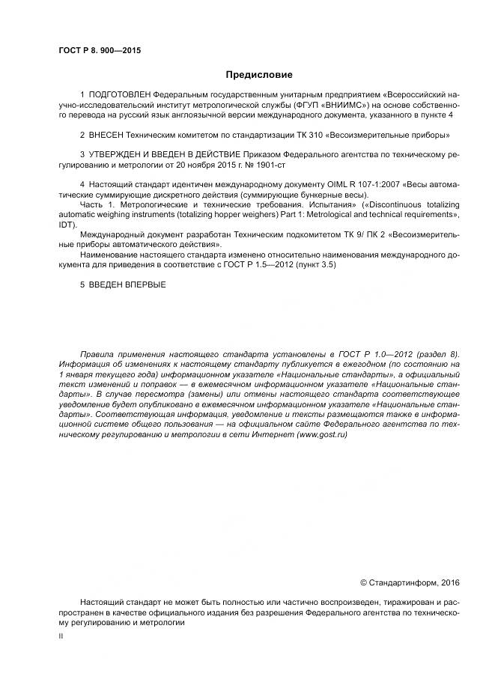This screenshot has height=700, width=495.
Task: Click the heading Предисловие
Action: [259, 75]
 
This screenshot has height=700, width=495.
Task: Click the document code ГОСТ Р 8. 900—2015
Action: [100, 50]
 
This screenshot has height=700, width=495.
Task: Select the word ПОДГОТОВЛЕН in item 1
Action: [120, 97]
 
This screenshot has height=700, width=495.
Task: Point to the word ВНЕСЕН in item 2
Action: [109, 136]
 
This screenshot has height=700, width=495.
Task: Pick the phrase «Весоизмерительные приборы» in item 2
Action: [388, 136]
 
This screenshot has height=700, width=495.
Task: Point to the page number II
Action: [61, 636]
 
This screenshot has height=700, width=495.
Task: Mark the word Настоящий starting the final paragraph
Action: [102, 601]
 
